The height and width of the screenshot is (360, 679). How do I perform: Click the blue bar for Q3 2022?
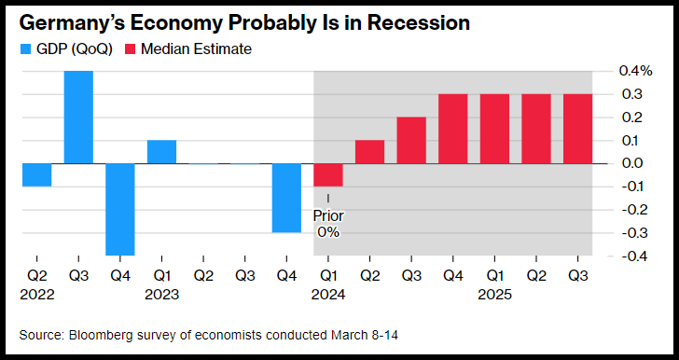click(78, 117)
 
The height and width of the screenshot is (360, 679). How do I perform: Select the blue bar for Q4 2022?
click(120, 210)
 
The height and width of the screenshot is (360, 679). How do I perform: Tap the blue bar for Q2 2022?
click(36, 175)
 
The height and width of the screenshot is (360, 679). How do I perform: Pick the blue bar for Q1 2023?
click(161, 152)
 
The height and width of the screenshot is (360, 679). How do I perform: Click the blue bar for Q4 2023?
click(286, 198)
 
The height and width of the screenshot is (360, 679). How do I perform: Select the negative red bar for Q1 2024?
click(327, 175)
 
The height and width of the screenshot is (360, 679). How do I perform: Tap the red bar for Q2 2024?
click(369, 152)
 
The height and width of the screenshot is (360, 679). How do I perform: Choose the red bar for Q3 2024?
click(411, 140)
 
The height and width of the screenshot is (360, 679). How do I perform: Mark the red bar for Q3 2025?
click(577, 129)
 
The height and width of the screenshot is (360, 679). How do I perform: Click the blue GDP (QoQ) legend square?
click(25, 48)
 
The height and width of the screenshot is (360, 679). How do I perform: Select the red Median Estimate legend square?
click(131, 48)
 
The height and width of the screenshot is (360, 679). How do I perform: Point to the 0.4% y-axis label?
click(635, 71)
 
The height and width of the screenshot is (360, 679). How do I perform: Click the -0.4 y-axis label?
click(634, 256)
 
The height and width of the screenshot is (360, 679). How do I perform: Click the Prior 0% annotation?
click(328, 224)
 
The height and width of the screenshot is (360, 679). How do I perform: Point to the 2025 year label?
click(494, 295)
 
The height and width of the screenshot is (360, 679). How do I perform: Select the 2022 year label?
click(36, 295)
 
